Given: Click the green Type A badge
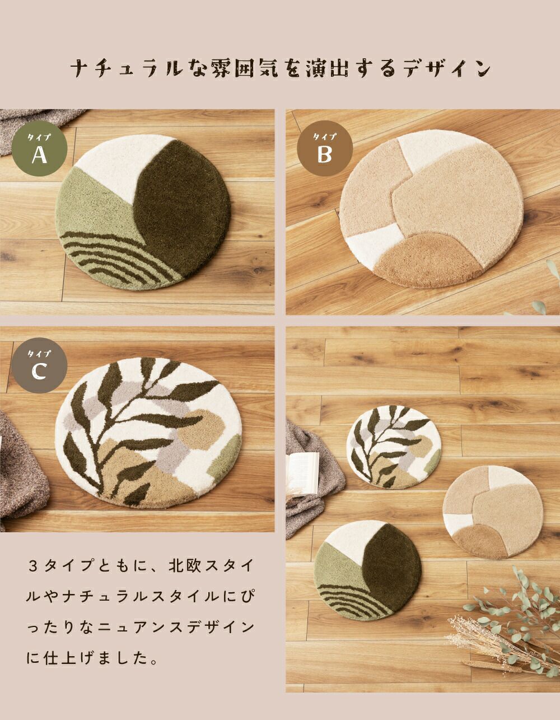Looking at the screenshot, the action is pos(39,148).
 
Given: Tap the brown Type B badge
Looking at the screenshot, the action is pos(325,148).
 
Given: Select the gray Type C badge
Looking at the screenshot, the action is pos(39,365).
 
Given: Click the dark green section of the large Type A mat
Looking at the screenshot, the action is pos(182,209).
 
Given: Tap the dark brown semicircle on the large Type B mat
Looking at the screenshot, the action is pos(427,260).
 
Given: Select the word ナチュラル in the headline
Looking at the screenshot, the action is pos(127,68).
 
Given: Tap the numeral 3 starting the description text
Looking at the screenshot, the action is pos(32,565).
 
